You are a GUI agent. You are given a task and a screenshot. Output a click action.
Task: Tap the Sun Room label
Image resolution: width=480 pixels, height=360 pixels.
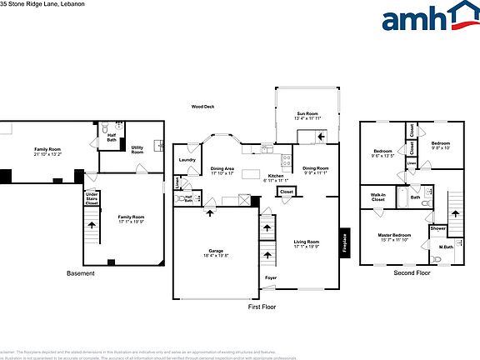(x=307, y=116)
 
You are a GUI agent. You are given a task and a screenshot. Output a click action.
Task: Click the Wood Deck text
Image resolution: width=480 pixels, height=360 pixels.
(x=202, y=107)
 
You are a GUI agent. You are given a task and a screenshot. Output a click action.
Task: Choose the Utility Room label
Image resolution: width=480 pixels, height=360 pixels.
(x=137, y=150)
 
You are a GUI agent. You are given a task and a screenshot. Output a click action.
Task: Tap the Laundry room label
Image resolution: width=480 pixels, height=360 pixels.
(x=187, y=160)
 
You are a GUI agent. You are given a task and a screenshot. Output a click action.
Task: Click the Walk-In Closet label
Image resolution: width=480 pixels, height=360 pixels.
(x=377, y=197)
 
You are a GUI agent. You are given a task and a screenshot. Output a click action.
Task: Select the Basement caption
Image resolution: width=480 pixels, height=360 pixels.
(x=80, y=274)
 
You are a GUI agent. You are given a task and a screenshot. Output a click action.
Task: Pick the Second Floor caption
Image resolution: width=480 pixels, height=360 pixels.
(x=411, y=273)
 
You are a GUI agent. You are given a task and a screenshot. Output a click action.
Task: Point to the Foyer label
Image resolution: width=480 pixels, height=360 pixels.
(x=271, y=277)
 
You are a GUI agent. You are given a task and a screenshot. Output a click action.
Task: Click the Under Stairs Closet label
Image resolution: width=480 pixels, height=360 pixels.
(x=92, y=199)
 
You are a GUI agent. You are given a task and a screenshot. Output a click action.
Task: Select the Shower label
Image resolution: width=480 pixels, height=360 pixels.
(x=438, y=228)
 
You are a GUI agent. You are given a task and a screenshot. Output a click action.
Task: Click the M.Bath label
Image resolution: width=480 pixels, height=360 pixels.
(x=446, y=247)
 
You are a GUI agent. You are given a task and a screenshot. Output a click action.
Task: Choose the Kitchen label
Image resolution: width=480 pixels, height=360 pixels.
(x=276, y=177)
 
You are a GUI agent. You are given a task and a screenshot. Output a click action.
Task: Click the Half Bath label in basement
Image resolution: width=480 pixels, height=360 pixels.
(x=112, y=138)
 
